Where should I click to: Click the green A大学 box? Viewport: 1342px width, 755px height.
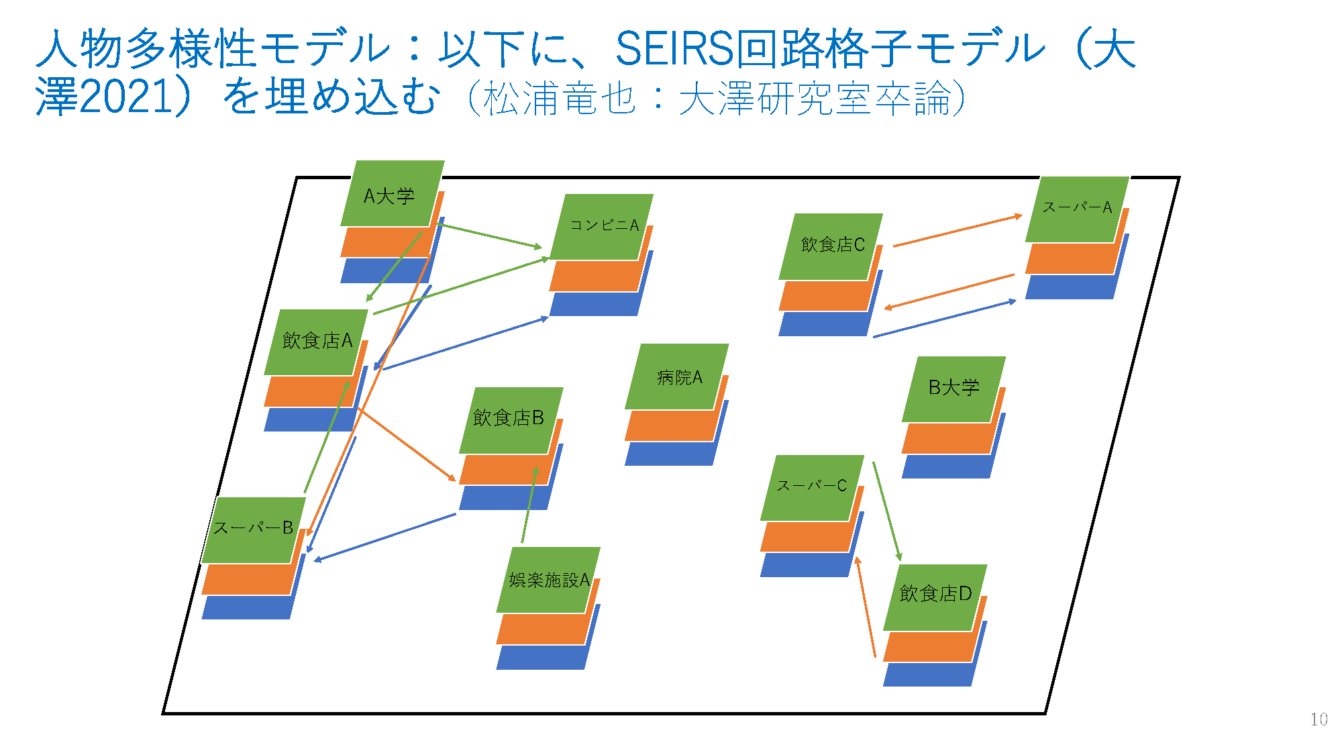pos(393,193)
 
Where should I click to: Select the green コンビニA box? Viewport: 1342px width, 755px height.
pos(602,227)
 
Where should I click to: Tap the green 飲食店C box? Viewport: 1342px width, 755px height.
pos(831,246)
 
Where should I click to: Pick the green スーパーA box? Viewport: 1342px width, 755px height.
pos(1078,209)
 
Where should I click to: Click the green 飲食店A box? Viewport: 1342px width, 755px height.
pos(316,342)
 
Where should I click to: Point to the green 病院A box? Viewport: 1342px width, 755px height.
pos(677,376)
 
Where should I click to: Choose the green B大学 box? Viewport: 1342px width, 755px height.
pos(953,389)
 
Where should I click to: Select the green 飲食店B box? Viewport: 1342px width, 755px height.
pos(511,420)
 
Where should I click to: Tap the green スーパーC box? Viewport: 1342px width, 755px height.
pos(813,488)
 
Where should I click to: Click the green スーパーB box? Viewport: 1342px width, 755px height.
pos(254,530)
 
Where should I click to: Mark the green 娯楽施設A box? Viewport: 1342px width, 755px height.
pos(548,580)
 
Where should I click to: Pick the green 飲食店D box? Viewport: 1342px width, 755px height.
pos(935,598)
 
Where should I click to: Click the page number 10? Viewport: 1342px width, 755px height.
pos(1319,719)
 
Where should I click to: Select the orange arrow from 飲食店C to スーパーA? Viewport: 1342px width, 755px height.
pos(958,231)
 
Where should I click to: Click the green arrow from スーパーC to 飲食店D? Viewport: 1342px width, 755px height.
pos(887,511)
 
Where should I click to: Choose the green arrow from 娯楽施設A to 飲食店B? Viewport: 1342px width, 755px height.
pos(529,505)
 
